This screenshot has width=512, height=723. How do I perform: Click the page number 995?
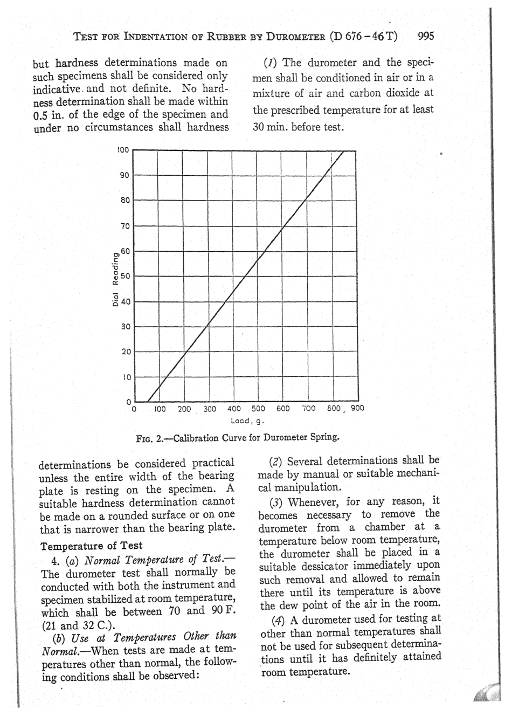(425, 37)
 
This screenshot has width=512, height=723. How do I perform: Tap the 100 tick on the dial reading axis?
(123, 150)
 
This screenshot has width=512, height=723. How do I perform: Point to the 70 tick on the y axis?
(124, 225)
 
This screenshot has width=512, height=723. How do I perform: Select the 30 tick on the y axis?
(124, 326)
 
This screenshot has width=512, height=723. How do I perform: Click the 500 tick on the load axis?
(258, 409)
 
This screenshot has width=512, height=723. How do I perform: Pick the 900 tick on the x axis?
(357, 408)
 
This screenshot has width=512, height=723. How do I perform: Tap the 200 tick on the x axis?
(184, 409)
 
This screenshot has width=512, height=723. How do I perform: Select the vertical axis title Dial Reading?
(115, 281)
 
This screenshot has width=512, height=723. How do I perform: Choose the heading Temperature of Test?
(92, 545)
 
